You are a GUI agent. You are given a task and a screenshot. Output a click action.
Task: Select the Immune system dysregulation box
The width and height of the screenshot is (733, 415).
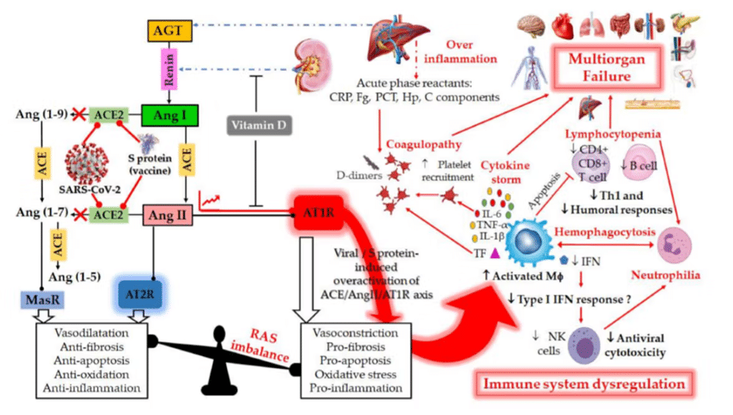click(x=584, y=384)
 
